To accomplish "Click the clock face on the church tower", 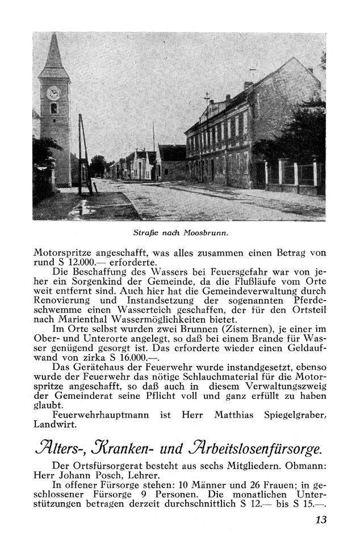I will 53,92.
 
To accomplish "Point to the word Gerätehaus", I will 96,367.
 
